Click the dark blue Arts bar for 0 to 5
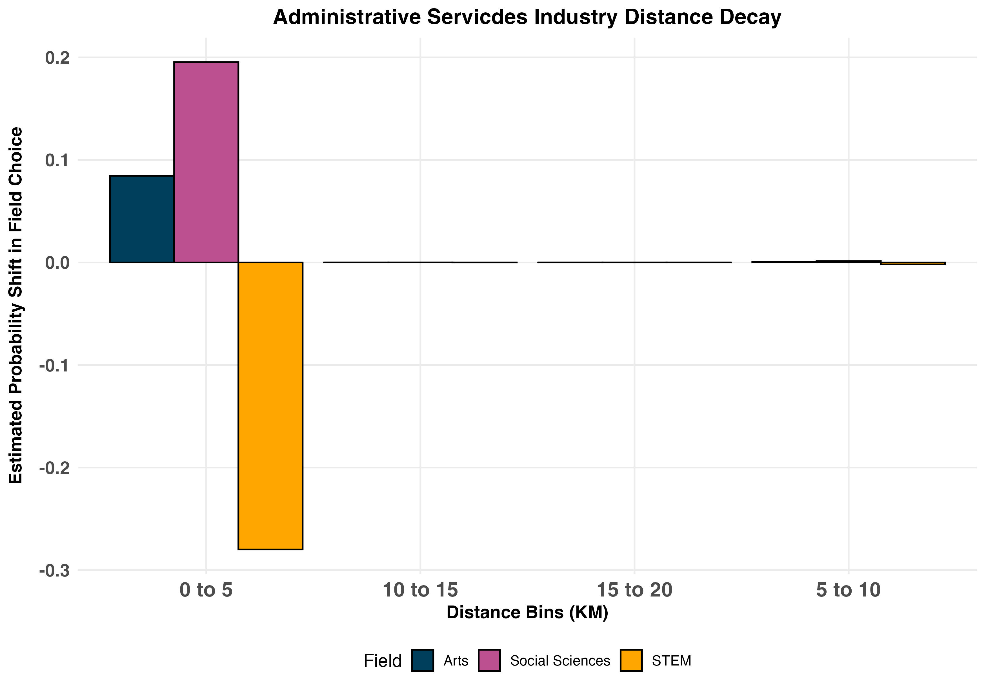(x=142, y=219)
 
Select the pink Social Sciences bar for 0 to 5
(x=206, y=162)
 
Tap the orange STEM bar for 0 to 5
(x=270, y=406)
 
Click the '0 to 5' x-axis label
(x=206, y=590)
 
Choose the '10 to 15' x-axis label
(x=420, y=590)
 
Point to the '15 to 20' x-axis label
(x=634, y=590)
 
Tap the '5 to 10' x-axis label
(x=848, y=590)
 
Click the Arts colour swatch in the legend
(x=423, y=660)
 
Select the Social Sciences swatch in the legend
(x=489, y=660)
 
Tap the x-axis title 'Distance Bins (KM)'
(x=527, y=612)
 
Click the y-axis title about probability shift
(x=16, y=306)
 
